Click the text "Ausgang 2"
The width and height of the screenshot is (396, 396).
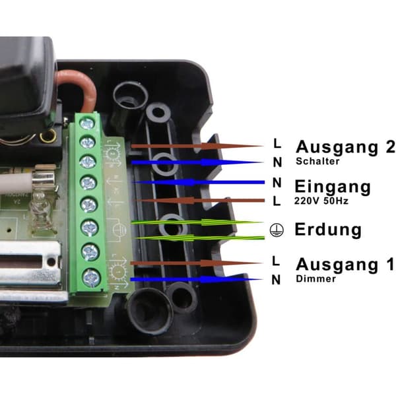click(x=345, y=147)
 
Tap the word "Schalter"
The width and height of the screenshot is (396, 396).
click(x=317, y=162)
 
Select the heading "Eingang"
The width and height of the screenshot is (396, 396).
click(x=333, y=187)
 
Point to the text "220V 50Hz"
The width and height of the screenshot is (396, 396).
click(x=321, y=201)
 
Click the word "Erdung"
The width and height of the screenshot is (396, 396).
click(x=328, y=229)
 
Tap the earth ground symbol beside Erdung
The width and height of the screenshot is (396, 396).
click(x=277, y=230)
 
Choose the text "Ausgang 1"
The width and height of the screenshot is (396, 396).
click(x=345, y=265)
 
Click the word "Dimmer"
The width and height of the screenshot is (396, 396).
click(x=315, y=279)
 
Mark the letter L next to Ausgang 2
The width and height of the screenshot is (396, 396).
click(x=277, y=143)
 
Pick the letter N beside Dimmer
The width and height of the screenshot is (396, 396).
click(x=276, y=280)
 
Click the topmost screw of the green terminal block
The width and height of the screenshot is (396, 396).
click(x=87, y=124)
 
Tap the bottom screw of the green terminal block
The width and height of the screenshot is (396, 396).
click(x=91, y=278)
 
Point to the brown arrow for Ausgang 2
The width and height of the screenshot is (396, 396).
click(x=197, y=146)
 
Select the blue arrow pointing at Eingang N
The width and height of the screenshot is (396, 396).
click(x=198, y=182)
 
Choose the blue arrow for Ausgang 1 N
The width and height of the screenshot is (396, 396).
click(x=197, y=279)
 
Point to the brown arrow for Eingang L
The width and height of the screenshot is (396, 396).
click(x=199, y=201)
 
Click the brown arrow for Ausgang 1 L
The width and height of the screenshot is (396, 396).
click(x=196, y=263)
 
